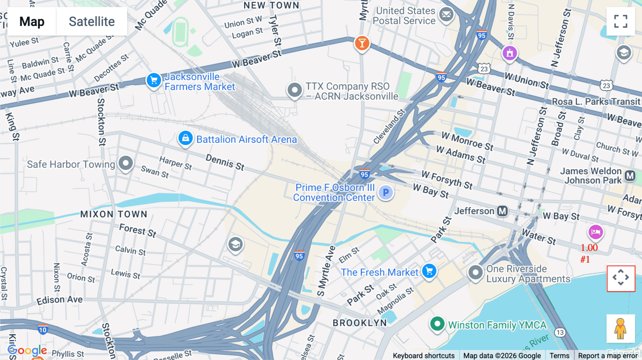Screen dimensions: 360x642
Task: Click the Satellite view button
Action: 92,21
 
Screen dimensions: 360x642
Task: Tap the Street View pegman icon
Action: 621,329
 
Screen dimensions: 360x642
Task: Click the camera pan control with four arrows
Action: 621,278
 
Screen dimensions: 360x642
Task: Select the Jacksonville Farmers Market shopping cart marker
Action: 154,80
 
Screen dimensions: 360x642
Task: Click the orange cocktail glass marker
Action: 362,43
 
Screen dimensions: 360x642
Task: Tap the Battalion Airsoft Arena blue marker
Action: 185,138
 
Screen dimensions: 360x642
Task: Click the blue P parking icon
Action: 386,192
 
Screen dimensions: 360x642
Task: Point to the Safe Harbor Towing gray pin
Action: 126,163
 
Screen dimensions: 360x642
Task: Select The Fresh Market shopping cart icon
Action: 429,271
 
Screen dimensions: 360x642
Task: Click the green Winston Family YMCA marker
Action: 437,324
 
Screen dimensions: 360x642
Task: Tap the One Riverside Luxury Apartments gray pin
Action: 475,273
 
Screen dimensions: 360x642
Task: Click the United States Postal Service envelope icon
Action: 446,15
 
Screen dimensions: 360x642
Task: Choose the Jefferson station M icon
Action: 503,211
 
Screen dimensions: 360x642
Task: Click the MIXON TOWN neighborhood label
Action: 114,214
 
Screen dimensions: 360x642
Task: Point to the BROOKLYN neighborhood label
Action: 360,323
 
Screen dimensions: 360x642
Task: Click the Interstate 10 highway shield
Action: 43,329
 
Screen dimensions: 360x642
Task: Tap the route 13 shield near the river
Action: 560,333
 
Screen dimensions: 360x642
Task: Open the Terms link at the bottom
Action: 559,355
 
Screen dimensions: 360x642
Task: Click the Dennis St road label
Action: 225,162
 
